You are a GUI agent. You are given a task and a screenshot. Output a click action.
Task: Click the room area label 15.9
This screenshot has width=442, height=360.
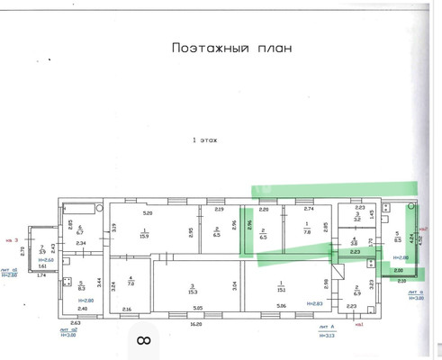pyautogui.click(x=143, y=235)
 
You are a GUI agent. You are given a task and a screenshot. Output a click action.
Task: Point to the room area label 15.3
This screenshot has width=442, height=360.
pyautogui.click(x=193, y=289)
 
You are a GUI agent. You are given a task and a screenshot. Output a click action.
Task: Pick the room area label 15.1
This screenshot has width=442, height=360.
pyautogui.click(x=281, y=288)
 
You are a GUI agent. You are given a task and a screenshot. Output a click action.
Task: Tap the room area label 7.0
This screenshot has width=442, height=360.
pyautogui.click(x=131, y=282)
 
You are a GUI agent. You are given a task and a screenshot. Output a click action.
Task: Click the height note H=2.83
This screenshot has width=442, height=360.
pyautogui.click(x=315, y=304)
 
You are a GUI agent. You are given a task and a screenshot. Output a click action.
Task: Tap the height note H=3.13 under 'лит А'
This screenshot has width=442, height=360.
pyautogui.click(x=327, y=337)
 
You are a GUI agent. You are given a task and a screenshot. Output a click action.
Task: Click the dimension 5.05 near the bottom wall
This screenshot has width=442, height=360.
pyautogui.click(x=199, y=309)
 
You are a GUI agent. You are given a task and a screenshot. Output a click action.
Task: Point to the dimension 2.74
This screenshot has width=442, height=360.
pyautogui.click(x=309, y=208)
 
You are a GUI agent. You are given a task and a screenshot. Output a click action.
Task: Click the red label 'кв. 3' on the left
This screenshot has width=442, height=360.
pyautogui.click(x=12, y=240)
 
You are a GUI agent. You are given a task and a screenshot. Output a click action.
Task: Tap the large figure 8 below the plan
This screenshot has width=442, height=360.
pyautogui.click(x=142, y=340)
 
